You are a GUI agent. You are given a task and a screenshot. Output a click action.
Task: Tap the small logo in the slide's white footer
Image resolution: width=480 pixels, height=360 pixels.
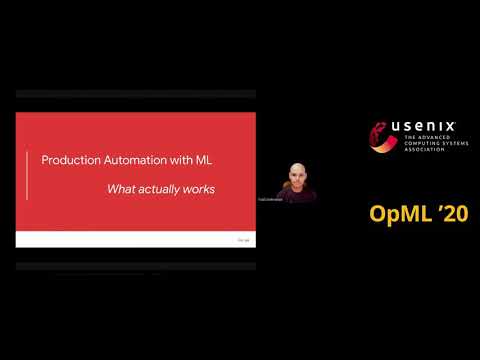click(x=242, y=239)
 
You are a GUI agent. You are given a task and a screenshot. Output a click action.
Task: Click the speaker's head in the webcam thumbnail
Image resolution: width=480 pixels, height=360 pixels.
click(x=296, y=173)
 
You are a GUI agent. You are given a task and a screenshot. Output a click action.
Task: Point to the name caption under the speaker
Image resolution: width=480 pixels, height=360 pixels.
click(x=296, y=200)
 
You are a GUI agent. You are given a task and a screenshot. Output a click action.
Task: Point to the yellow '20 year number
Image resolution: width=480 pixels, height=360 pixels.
click(x=453, y=213)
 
